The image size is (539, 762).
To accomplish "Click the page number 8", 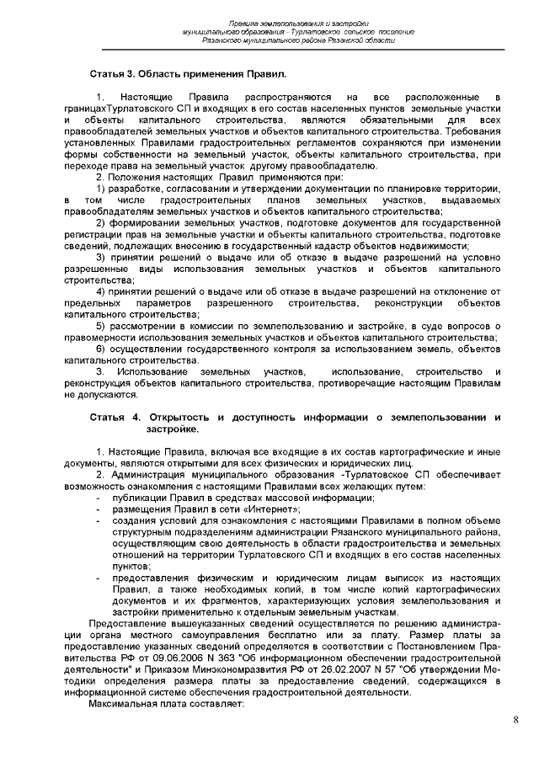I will tap(515, 720).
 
